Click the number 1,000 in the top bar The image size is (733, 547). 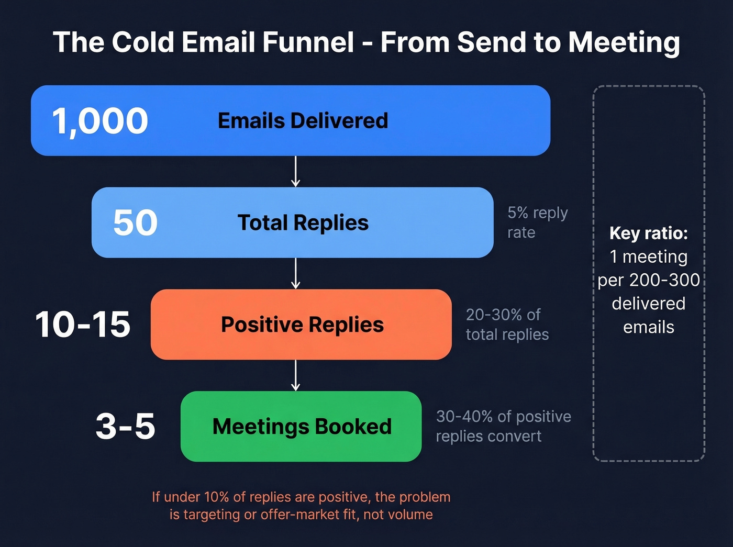(x=100, y=121)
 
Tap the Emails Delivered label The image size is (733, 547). (x=303, y=121)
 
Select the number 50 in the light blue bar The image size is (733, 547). (x=135, y=222)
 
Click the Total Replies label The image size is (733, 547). (x=303, y=223)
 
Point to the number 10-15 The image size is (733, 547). (x=83, y=325)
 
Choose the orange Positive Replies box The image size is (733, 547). (x=302, y=325)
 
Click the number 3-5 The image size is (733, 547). (x=125, y=426)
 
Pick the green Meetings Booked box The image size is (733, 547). (x=301, y=427)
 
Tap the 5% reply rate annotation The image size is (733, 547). (x=537, y=222)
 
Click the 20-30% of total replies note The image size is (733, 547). (x=507, y=325)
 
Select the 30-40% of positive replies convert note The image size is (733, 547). (x=503, y=426)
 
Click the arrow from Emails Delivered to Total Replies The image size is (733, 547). (x=296, y=172)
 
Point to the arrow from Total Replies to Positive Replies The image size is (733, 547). (x=296, y=273)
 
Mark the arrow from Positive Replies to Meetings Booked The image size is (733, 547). (x=296, y=375)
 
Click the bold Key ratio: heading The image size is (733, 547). (x=649, y=233)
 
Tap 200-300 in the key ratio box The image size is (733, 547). (x=664, y=280)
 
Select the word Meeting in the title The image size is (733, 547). (x=624, y=43)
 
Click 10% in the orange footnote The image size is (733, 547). (x=216, y=497)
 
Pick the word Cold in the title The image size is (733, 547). (x=142, y=42)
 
